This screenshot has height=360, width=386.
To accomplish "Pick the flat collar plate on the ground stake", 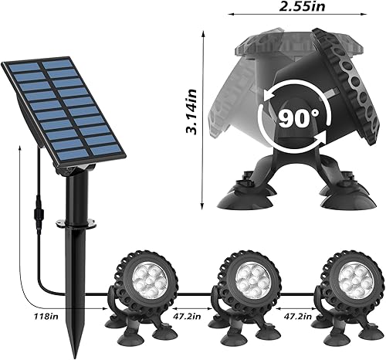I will [x=87, y=224].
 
